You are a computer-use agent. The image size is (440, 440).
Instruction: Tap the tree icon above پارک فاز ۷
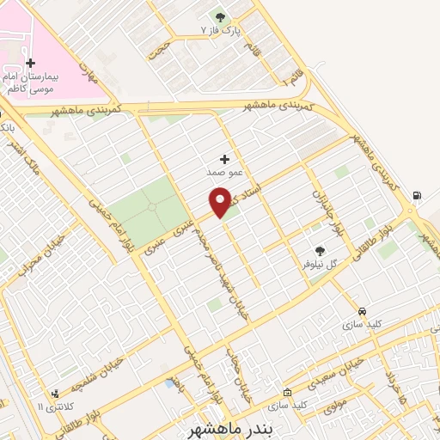click(221, 16)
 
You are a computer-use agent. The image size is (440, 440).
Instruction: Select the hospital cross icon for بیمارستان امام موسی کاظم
click(30, 63)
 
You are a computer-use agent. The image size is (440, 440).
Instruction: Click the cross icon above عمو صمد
click(225, 159)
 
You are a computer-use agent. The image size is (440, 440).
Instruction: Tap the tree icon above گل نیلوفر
click(320, 251)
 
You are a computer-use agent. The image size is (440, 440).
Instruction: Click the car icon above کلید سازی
click(362, 311)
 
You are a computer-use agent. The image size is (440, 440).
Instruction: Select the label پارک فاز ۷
click(223, 30)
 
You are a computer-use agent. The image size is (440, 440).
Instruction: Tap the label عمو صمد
click(222, 173)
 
